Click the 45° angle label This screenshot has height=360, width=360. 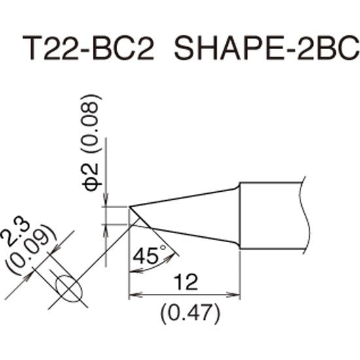145,255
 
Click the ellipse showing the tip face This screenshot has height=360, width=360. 67,286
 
